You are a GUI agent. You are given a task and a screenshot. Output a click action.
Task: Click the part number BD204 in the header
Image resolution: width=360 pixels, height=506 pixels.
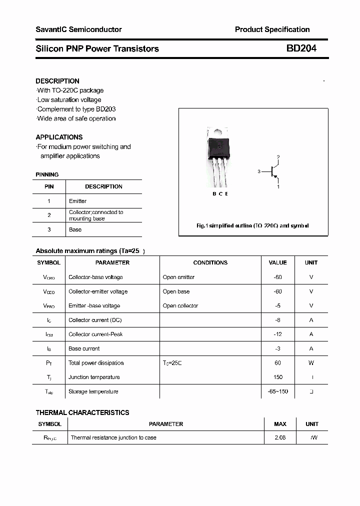[x=301, y=48]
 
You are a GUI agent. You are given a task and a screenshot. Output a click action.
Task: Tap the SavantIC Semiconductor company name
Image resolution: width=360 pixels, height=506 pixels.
[x=78, y=29]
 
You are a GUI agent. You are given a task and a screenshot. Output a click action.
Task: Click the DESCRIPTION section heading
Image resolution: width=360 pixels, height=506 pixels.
[x=57, y=81]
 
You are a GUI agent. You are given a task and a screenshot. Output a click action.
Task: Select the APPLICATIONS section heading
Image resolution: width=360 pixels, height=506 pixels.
[x=59, y=137]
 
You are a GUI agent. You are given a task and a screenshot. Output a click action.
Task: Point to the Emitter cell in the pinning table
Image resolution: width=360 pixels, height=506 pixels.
[x=77, y=201]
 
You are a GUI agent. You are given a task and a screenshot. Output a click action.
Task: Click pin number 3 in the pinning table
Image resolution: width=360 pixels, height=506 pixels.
[x=49, y=229]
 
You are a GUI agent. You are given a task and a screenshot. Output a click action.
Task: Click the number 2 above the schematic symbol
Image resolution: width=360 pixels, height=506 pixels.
[x=278, y=157]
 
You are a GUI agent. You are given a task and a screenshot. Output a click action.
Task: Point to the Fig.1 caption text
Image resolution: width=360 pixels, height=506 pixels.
[x=252, y=225]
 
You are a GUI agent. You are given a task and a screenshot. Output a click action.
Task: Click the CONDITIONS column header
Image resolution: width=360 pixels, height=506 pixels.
[x=210, y=262]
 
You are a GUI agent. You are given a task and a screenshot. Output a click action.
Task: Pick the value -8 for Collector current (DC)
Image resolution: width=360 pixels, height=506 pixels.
[x=277, y=320]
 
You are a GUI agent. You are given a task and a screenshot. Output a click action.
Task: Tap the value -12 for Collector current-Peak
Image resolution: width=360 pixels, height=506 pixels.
[x=277, y=334]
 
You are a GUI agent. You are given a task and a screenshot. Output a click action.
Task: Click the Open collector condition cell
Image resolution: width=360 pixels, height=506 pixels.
[x=180, y=305]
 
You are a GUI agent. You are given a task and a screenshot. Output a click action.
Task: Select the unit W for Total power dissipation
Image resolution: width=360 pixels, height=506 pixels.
[x=311, y=363]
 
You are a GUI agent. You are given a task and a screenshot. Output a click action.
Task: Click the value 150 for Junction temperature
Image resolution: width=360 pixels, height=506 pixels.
[x=278, y=377]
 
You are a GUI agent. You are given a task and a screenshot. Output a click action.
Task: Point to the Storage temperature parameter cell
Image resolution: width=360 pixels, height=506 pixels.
[x=93, y=391]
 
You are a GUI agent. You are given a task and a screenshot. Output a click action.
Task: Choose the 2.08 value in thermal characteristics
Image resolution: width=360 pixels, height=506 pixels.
[x=280, y=437]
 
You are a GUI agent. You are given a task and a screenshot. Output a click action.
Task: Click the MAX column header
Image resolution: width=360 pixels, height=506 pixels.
[x=280, y=424]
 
